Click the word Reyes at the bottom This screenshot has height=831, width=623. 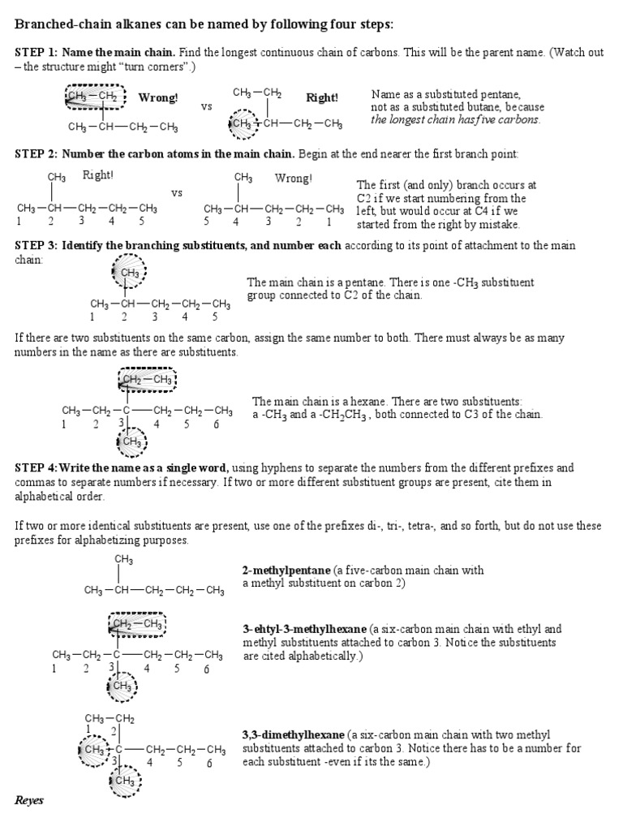tap(28, 800)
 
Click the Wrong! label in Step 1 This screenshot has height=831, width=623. tap(158, 98)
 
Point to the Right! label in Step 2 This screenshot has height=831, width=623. tap(98, 174)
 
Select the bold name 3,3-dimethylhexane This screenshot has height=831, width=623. tap(294, 734)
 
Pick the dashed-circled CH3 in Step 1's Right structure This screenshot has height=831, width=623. tap(241, 124)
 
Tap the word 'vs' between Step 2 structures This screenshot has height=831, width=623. tap(177, 193)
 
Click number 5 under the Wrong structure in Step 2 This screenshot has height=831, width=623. tap(207, 221)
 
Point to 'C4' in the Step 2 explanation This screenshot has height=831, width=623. tap(483, 211)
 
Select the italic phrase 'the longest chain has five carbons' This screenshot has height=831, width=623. tap(455, 120)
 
